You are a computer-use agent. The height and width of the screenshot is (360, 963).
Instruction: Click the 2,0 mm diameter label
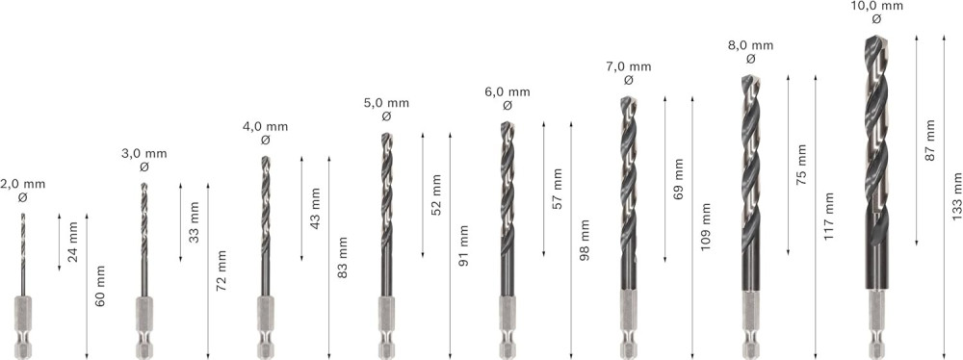(23, 184)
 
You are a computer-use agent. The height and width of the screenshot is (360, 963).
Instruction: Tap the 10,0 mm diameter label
(876, 6)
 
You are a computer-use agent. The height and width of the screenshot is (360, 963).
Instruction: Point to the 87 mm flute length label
(929, 141)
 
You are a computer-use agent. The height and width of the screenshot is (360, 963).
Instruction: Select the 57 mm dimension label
(558, 188)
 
